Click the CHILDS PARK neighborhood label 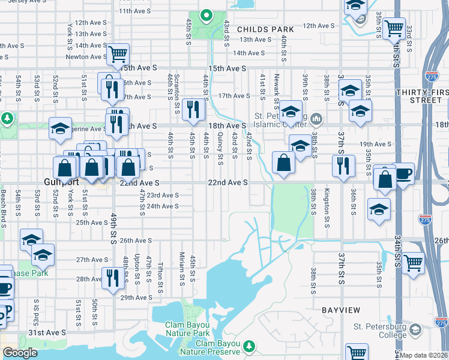(265, 29)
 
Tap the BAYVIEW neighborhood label (340, 310)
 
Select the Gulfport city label (58, 181)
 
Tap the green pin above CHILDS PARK (205, 14)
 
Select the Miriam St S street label (181, 269)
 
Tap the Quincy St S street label (220, 147)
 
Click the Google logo (20, 352)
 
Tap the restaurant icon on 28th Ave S (113, 277)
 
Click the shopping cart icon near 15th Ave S (118, 54)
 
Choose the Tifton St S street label (160, 274)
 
